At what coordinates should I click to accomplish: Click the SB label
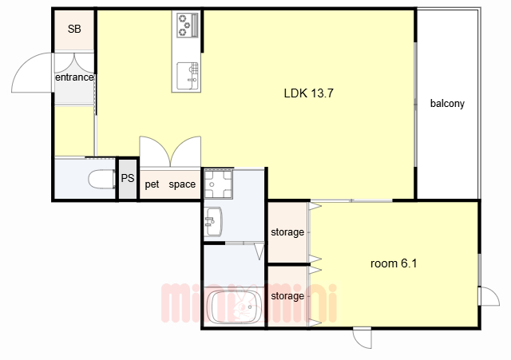click(x=74, y=29)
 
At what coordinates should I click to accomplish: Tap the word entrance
click(x=74, y=77)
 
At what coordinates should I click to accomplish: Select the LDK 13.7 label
click(x=309, y=93)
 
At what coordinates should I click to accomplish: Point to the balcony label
click(x=447, y=103)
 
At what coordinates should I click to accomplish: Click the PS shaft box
click(x=128, y=178)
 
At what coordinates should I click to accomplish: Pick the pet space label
click(x=170, y=184)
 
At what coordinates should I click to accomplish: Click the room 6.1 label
click(x=394, y=263)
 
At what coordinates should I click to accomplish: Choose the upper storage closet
click(x=287, y=232)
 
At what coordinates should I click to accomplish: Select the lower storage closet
click(x=287, y=296)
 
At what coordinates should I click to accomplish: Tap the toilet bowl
click(x=101, y=179)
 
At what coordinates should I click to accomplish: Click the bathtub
click(x=236, y=307)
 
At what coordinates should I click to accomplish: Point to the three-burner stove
click(x=188, y=25)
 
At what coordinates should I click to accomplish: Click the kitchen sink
click(x=188, y=76)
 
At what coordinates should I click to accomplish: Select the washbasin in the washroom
click(x=213, y=221)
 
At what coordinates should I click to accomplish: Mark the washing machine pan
click(x=218, y=184)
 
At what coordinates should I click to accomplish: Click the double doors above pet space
click(x=170, y=152)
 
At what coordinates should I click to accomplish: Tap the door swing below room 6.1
click(x=362, y=338)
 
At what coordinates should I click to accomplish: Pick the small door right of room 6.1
click(x=489, y=296)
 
